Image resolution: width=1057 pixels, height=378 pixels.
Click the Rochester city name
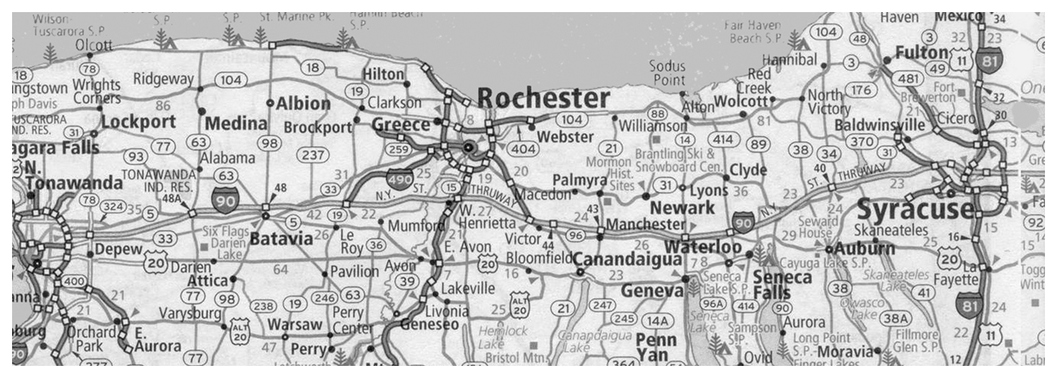point(543,99)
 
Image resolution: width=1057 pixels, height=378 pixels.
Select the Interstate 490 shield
point(399,179)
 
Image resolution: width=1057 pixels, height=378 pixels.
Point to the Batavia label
point(281,239)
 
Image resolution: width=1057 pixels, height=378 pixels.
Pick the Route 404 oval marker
point(522,148)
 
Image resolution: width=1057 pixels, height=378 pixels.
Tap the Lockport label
point(138,122)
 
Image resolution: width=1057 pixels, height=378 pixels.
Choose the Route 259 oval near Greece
point(399,150)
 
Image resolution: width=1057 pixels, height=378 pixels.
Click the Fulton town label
point(921,53)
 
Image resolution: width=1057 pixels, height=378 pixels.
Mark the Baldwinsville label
point(880,125)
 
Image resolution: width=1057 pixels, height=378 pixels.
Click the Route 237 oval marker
point(312,155)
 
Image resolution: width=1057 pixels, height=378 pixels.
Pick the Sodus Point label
point(668,73)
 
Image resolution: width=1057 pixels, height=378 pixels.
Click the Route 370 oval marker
point(860,141)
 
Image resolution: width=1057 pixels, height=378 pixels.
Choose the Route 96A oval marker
point(717,304)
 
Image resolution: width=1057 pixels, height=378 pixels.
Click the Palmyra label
point(580,180)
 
